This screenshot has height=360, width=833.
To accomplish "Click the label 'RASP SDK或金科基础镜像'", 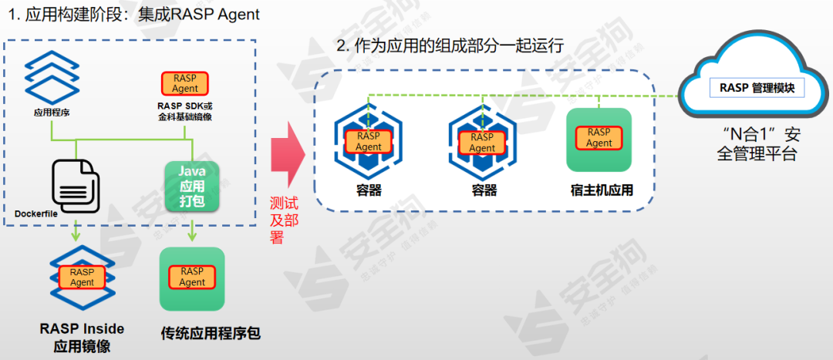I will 185,110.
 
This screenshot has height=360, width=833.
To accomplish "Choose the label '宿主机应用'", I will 599,190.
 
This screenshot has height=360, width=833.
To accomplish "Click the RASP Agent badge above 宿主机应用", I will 599,138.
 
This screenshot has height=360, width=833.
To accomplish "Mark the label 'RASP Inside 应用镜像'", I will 82,337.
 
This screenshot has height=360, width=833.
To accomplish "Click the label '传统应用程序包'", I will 210,334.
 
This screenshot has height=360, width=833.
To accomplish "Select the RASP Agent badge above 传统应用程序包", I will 192,277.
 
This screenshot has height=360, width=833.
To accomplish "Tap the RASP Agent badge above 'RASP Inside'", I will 82,277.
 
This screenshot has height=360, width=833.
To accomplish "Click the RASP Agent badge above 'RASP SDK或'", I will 185,83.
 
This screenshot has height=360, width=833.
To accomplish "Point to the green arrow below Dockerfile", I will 76,229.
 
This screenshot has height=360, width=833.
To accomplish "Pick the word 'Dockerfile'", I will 36,213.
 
